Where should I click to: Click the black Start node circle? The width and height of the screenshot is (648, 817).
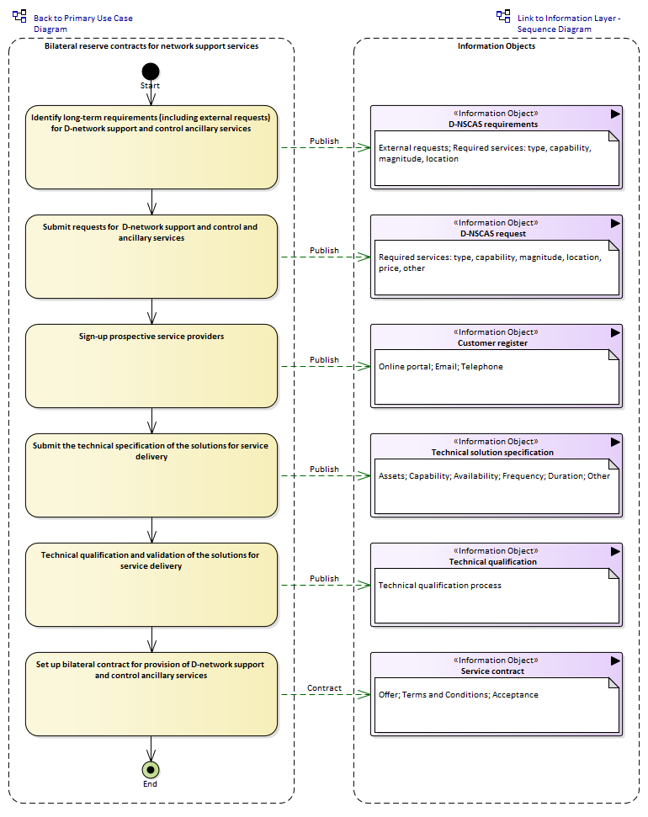coord(151,72)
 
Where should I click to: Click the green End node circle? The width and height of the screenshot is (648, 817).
coord(151,770)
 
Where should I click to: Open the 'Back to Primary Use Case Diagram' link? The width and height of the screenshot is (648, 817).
coord(82,24)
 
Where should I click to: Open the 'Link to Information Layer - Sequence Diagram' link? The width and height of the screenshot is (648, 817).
coord(569,24)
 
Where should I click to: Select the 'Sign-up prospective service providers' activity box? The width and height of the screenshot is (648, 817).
coord(151,366)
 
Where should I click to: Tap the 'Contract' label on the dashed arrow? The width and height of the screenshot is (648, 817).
coord(324,687)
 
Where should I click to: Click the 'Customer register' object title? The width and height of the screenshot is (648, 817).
coord(492,342)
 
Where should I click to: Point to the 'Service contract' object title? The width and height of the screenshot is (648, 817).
coord(492,671)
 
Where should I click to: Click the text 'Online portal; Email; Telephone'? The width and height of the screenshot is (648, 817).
coord(441,366)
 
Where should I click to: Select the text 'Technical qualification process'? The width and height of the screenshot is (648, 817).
coord(440,585)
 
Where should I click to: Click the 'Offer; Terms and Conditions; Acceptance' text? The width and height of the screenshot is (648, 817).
coord(459,694)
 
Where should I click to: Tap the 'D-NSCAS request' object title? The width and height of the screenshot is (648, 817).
coord(493,233)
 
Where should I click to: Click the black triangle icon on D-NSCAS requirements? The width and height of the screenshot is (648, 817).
coord(615,114)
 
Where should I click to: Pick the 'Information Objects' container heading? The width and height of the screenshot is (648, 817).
coord(497,45)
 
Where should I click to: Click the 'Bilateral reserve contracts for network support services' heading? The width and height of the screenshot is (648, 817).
coord(151,45)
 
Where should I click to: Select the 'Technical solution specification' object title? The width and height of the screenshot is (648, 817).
coord(492,453)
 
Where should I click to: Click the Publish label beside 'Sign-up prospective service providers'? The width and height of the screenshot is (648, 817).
coord(324,359)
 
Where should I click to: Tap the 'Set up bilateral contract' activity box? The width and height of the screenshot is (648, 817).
coord(151,694)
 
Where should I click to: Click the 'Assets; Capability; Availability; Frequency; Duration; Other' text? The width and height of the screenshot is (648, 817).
coord(494,475)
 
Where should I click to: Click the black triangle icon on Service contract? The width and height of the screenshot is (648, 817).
coord(615,660)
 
